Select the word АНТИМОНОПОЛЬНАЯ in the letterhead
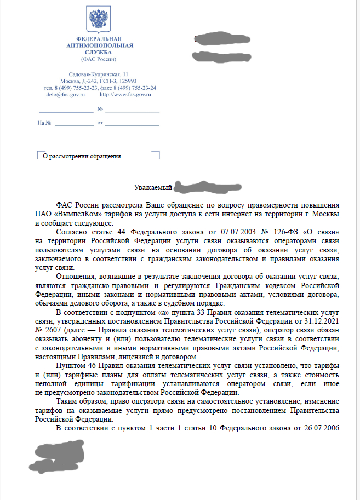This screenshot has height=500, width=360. click(x=99, y=45)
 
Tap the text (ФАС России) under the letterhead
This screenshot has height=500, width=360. click(x=99, y=59)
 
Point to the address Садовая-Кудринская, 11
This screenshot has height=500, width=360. click(x=99, y=74)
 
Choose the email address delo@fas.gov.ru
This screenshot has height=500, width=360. click(x=65, y=95)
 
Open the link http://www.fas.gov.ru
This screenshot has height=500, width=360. click(x=125, y=95)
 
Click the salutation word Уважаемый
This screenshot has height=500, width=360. click(x=153, y=187)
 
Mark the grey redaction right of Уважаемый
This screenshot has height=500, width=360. click(x=197, y=187)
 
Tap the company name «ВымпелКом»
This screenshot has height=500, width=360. click(x=75, y=212)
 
